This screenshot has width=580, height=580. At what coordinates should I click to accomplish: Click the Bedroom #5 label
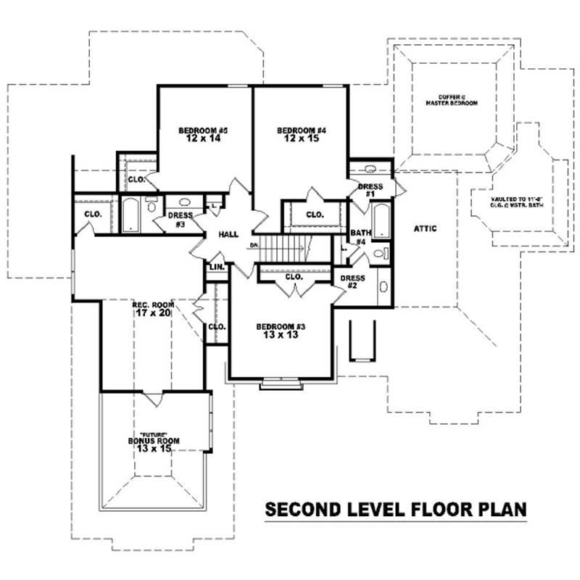click(x=194, y=130)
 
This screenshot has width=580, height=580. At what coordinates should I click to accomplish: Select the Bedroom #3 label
click(x=281, y=327)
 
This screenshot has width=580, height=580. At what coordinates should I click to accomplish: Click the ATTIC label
click(x=425, y=228)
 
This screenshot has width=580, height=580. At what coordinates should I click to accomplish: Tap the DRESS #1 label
click(x=370, y=191)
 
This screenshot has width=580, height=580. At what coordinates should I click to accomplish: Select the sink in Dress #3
click(x=184, y=204)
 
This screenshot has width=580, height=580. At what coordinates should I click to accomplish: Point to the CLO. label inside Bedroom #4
click(x=314, y=215)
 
